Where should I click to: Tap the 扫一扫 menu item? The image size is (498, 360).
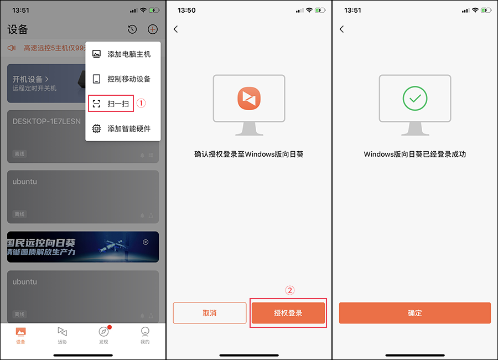111,104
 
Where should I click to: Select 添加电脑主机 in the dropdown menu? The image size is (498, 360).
123,54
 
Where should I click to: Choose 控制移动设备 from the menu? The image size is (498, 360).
123,79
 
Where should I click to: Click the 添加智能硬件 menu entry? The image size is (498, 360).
123,128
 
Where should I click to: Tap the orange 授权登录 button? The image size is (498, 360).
288,313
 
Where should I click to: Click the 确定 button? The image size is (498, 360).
414,313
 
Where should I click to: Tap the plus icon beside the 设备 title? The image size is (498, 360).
153,29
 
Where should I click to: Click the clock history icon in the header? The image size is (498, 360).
132,29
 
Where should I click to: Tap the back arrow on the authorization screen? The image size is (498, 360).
176,29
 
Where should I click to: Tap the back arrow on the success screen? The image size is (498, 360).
341,29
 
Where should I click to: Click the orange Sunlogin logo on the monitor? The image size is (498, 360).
249,99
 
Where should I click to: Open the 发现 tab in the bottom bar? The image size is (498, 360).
103,334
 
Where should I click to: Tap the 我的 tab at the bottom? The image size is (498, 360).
145,334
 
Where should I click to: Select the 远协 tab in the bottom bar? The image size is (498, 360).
62,334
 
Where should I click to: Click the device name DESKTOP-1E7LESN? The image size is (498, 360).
46,121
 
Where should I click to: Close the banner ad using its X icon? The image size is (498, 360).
146,242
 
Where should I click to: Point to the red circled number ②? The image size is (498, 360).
289,290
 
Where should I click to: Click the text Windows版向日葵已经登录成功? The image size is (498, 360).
414,155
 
